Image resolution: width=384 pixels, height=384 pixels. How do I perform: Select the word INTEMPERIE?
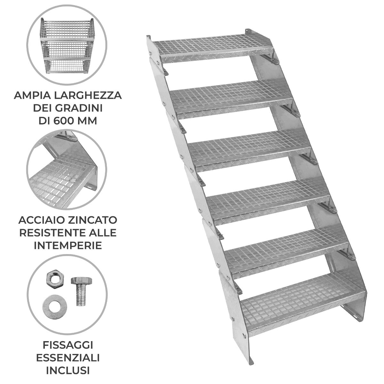(68, 245)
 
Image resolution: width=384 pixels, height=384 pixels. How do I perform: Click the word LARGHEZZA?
(86, 95)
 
